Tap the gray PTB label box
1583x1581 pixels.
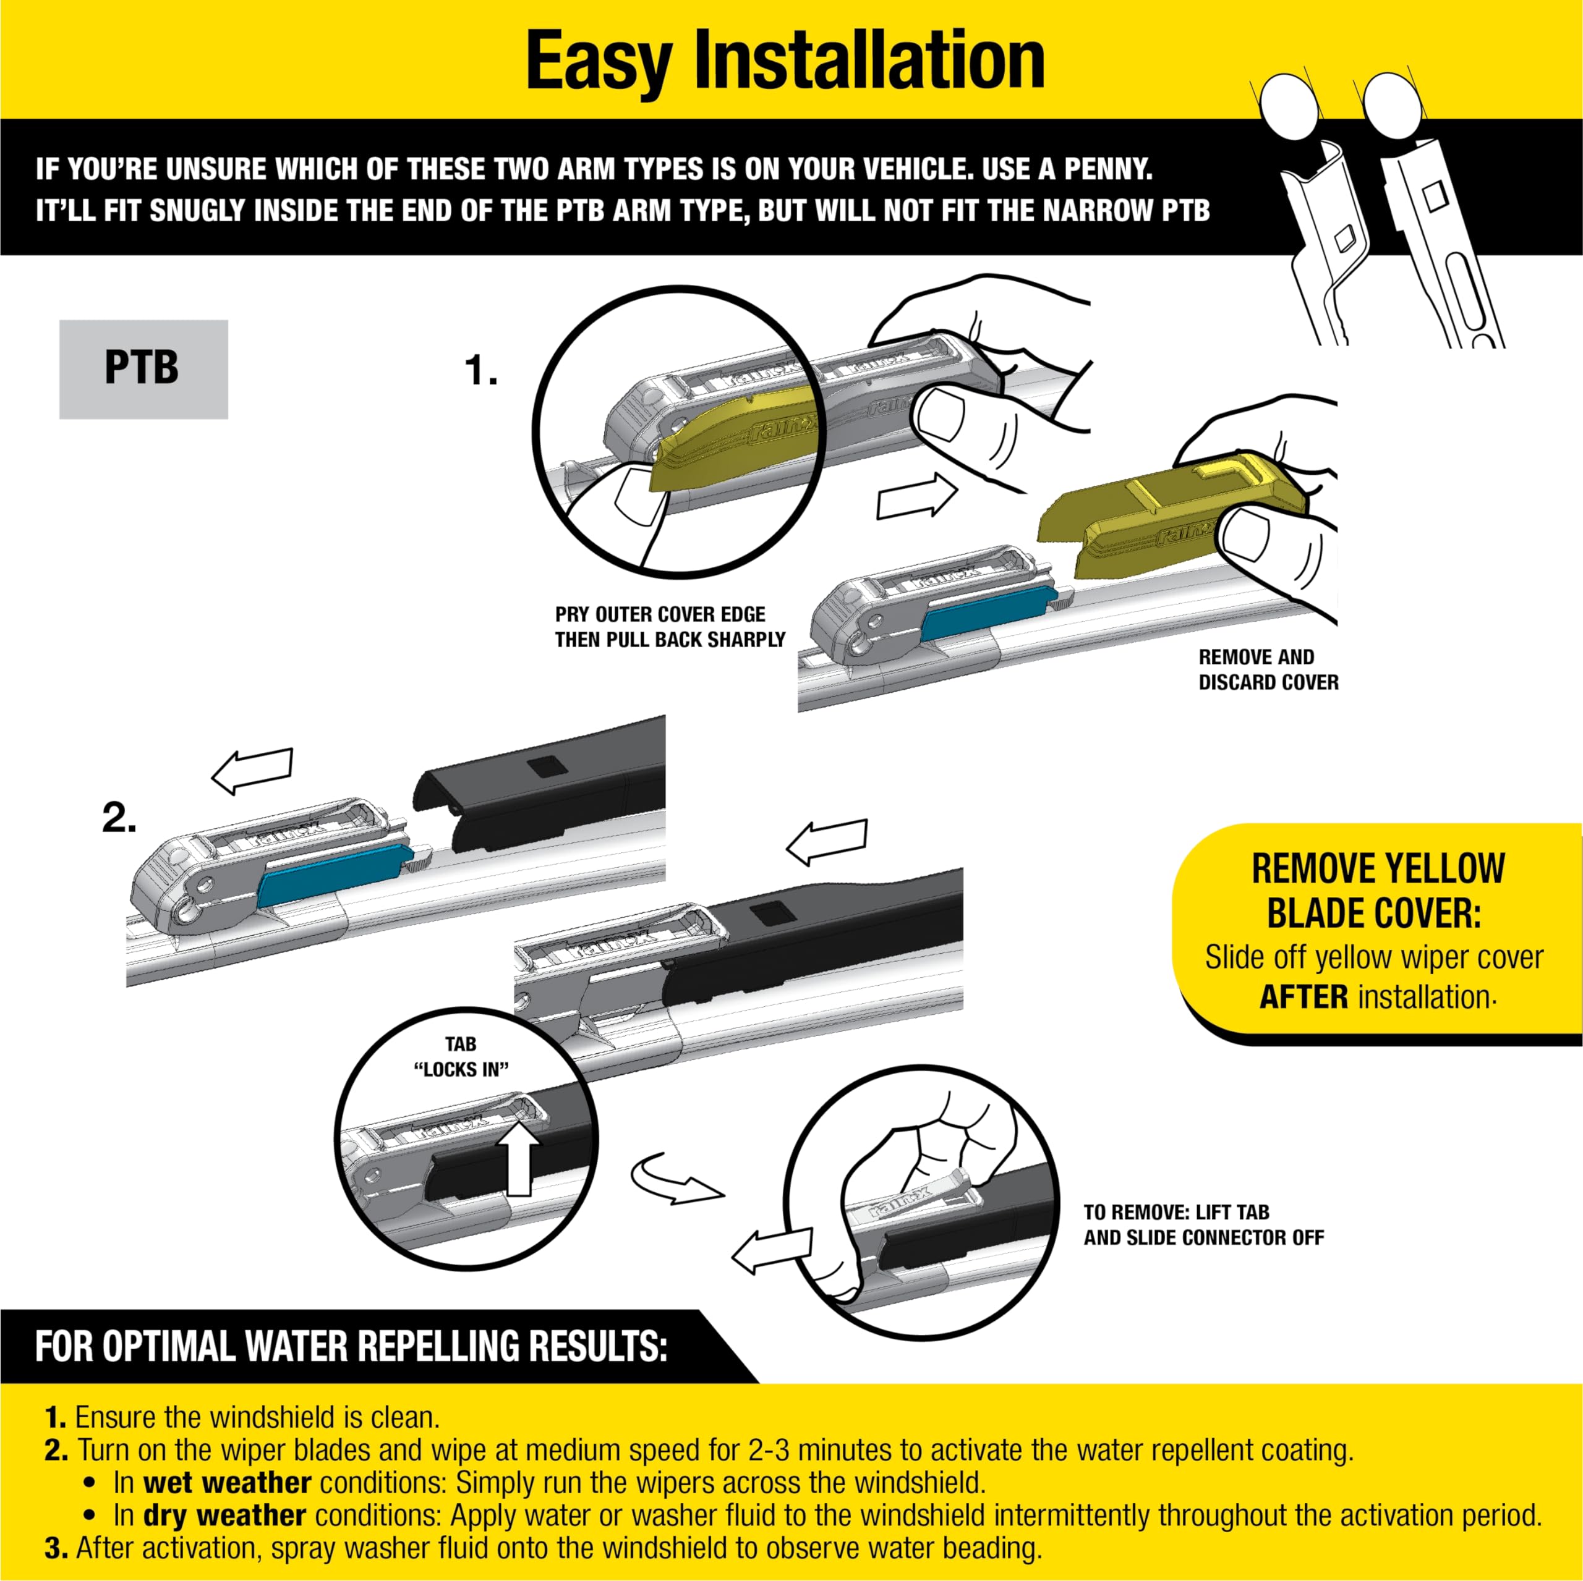point(143,370)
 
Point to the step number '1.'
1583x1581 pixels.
point(481,371)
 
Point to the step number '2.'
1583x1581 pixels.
point(119,818)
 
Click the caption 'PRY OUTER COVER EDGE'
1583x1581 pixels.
point(660,614)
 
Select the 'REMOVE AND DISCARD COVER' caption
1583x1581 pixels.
point(1268,669)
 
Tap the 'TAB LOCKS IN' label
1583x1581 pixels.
point(461,1057)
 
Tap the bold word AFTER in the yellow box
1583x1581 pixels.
point(1304,998)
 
